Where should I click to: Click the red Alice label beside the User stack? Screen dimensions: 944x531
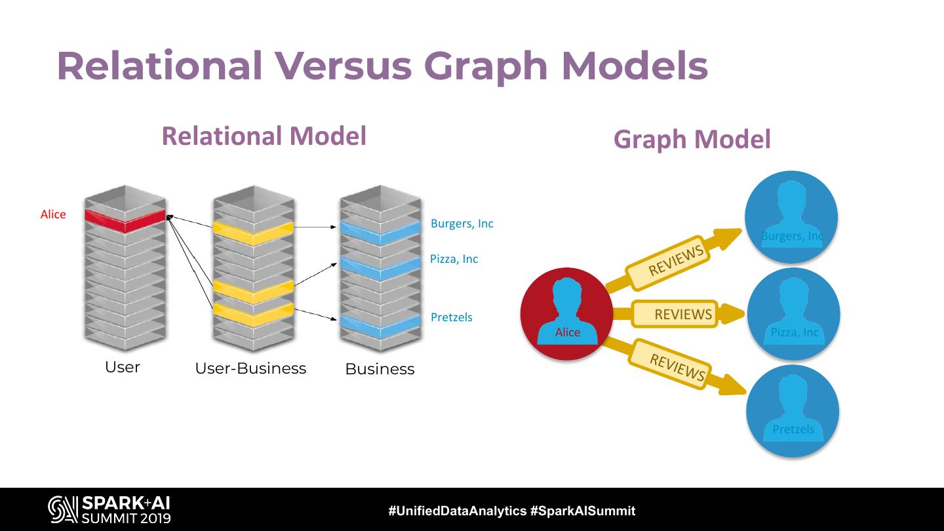coord(53,214)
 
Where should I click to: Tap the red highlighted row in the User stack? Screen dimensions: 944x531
coord(124,221)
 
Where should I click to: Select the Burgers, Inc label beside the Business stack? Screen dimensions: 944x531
coord(462,224)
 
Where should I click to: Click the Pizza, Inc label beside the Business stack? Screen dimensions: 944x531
coord(454,259)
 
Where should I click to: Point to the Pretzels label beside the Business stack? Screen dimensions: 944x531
coord(451,317)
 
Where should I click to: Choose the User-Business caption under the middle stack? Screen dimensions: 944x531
coord(250,368)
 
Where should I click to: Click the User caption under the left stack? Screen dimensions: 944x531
coord(123,367)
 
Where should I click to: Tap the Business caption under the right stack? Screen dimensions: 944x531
coord(380,369)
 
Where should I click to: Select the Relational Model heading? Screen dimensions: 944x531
coord(264,136)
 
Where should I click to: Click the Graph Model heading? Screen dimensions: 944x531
coord(692,139)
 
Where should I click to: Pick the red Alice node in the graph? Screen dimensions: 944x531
coord(566,313)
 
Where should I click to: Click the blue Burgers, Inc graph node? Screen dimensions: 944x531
coord(791,217)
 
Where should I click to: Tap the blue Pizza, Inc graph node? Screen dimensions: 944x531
coord(793,313)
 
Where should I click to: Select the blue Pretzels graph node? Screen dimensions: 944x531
coord(793,411)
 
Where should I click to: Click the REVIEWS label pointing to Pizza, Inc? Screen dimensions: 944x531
coord(682,314)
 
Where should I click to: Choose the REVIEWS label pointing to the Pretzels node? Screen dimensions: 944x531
coord(677,367)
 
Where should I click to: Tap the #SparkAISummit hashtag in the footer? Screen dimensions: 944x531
coord(582,511)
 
